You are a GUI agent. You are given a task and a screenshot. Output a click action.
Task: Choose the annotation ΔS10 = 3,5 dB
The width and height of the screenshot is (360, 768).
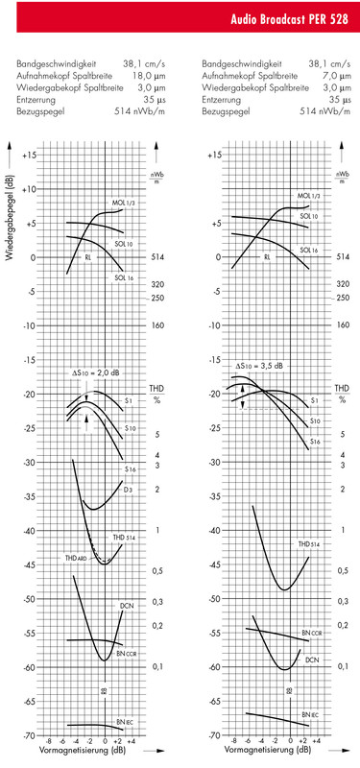(x=260, y=366)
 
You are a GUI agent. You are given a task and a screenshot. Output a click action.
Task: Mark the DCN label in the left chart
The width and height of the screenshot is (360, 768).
(x=126, y=606)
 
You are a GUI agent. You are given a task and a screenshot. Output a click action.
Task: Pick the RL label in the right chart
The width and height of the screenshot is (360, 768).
(x=267, y=257)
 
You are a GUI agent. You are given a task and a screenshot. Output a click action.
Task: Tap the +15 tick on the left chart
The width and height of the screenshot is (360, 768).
(x=29, y=155)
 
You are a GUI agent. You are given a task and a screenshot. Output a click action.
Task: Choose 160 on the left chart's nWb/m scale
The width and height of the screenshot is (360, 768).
(x=158, y=325)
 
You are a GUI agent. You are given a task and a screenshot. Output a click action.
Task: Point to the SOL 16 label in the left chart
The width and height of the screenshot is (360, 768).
(x=122, y=278)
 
